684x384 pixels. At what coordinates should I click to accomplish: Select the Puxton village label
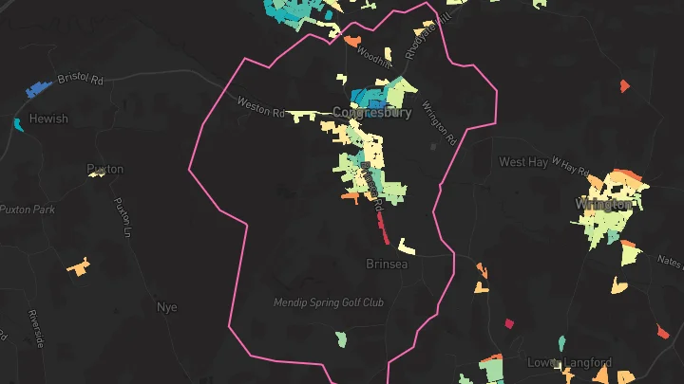coord(104,169)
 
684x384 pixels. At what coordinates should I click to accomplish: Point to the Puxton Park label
coord(28,209)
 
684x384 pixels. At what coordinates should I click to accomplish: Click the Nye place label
coord(166,307)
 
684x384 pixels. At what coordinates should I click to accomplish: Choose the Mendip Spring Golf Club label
coord(328,303)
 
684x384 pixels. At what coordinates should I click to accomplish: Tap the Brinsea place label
coord(387,264)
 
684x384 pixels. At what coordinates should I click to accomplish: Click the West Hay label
coord(523,162)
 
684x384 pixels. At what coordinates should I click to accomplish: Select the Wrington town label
coord(603,204)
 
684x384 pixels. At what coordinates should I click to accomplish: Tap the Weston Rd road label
coord(260,107)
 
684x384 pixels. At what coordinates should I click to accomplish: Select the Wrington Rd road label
coord(438,123)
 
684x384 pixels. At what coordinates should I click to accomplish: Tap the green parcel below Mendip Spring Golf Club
coord(341,338)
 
